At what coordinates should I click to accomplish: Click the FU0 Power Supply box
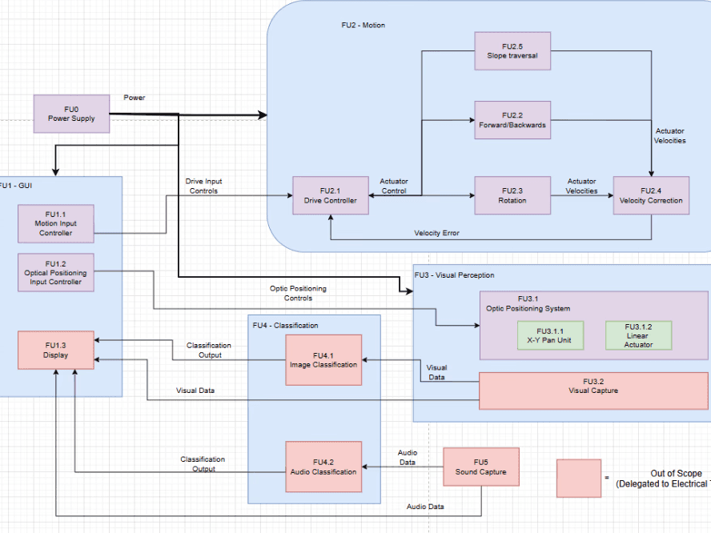[x=70, y=114]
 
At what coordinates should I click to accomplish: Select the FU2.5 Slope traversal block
[x=512, y=50]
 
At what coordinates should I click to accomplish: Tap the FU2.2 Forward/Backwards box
[x=512, y=120]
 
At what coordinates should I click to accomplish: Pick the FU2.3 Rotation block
[x=512, y=195]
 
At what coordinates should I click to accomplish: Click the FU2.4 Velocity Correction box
[x=650, y=195]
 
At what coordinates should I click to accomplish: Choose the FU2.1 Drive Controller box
[x=330, y=195]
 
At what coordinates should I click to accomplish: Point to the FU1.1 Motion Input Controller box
[x=56, y=223]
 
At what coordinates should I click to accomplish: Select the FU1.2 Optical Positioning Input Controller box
[x=56, y=272]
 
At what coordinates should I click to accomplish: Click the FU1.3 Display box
[x=56, y=350]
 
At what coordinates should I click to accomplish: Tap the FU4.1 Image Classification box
[x=323, y=360]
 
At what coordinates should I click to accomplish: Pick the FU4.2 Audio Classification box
[x=323, y=467]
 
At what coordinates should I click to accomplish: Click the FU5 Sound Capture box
[x=480, y=467]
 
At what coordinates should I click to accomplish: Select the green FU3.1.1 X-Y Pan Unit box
[x=549, y=336]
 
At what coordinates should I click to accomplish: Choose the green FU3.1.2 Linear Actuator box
[x=638, y=336]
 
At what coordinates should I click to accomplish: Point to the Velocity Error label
[x=436, y=233]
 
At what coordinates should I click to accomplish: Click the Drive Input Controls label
[x=203, y=186]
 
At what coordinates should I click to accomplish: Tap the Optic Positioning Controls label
[x=298, y=293]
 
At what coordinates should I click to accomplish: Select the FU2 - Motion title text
[x=363, y=26]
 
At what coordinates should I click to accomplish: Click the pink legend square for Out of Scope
[x=579, y=479]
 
